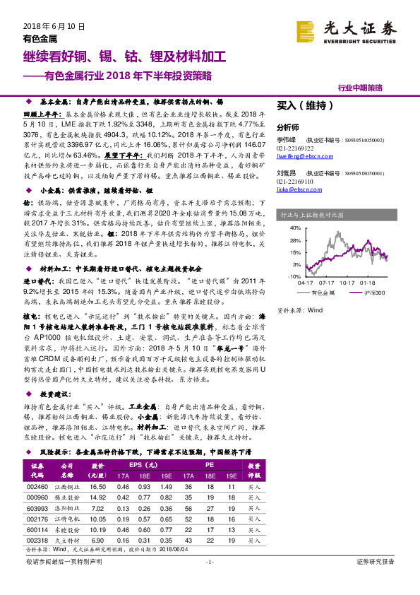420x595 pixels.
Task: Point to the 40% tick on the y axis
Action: click(295, 228)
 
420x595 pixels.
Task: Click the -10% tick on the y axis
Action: click(294, 276)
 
